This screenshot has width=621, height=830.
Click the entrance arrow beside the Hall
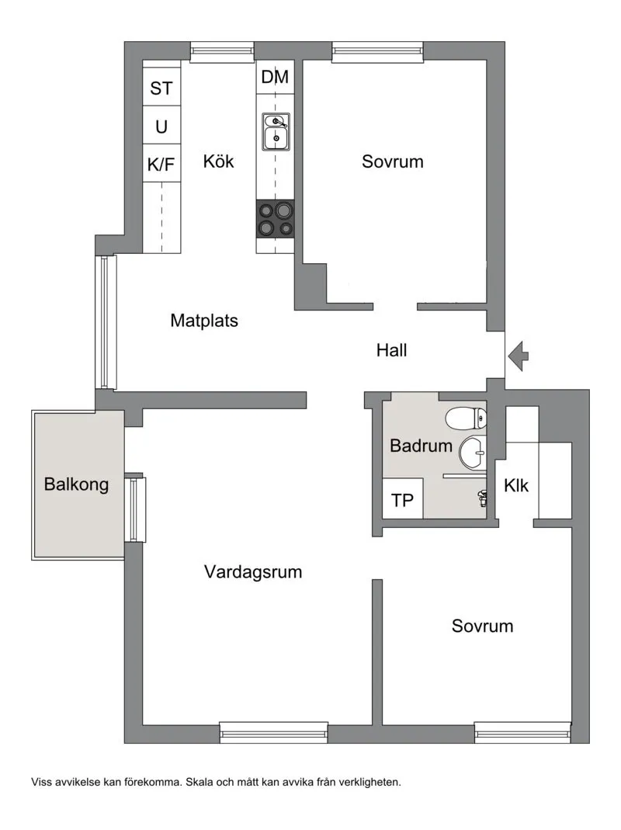pyautogui.click(x=519, y=356)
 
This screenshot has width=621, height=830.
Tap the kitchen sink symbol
pyautogui.click(x=276, y=131)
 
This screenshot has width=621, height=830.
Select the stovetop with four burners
pyautogui.click(x=276, y=219)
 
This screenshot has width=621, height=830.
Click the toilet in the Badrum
pyautogui.click(x=466, y=418)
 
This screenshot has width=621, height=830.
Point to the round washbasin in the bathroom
pyautogui.click(x=473, y=453)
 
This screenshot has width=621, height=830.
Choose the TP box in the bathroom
pyautogui.click(x=402, y=498)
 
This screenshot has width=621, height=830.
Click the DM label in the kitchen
pyautogui.click(x=276, y=78)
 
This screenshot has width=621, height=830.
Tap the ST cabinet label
pyautogui.click(x=161, y=88)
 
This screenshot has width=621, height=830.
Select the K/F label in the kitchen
pyautogui.click(x=161, y=165)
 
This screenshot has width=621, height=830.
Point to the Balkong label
pyautogui.click(x=76, y=484)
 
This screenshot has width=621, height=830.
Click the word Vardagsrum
pyautogui.click(x=253, y=572)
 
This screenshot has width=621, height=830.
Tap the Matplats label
pyautogui.click(x=204, y=321)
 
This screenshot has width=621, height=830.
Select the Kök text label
pyautogui.click(x=218, y=161)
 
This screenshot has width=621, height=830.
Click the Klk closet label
pyautogui.click(x=516, y=485)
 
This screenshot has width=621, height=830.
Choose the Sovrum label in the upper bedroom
pyautogui.click(x=393, y=161)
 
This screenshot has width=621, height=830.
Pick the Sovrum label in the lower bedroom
pyautogui.click(x=482, y=627)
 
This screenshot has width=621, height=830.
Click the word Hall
pyautogui.click(x=392, y=350)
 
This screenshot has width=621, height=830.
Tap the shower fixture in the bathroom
pyautogui.click(x=482, y=498)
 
